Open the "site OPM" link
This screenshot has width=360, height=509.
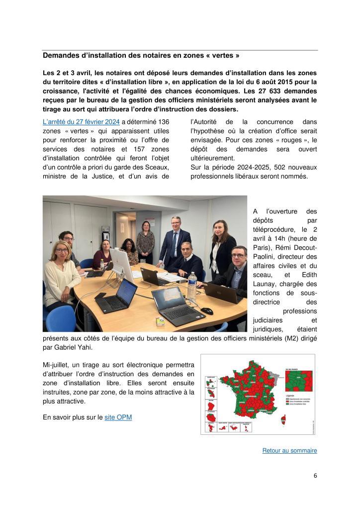(118, 417)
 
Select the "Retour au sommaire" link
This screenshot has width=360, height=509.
(289, 450)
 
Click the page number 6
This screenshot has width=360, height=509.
(315, 475)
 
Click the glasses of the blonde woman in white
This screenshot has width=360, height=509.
(61, 249)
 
